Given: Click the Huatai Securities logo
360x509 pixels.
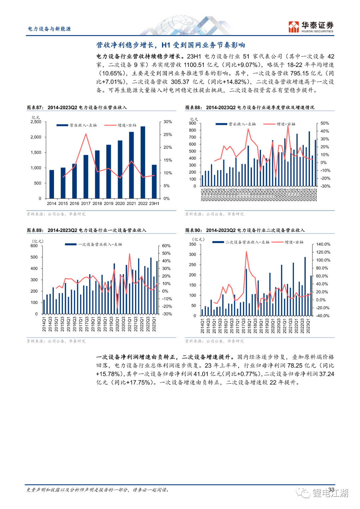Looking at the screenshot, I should pos(311,27).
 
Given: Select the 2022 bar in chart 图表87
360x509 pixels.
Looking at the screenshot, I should pos(143,162).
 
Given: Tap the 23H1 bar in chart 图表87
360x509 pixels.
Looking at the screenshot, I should pos(154,181).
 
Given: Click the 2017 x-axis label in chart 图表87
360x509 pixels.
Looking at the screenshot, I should pos(86,204).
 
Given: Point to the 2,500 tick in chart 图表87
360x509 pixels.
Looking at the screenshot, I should pos(36,122).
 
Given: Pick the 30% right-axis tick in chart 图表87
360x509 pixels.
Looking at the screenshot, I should pos(168,122).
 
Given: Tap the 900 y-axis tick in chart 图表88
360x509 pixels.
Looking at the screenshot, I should pos(192,123).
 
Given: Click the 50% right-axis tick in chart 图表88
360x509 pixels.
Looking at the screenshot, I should pos(324,123).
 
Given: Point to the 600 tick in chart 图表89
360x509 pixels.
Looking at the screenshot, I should pos(34,246).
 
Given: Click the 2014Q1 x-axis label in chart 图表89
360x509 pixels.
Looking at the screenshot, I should pos(44,324).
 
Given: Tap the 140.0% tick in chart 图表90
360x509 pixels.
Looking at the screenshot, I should pos(323,244).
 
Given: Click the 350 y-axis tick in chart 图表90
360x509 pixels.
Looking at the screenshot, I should pos(192,244).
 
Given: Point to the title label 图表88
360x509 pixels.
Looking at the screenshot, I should pos(193,108).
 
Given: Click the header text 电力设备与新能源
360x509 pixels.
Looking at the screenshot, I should pos(49,29).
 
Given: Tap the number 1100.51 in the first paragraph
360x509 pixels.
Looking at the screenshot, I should pos(194,65).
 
